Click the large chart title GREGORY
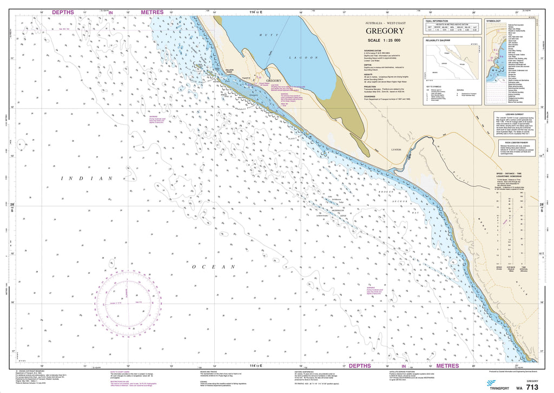385,31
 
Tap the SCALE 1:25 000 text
385,41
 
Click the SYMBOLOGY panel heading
493,21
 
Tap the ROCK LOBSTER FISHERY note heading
512,142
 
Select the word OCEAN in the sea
214,267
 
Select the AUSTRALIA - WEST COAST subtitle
385,23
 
